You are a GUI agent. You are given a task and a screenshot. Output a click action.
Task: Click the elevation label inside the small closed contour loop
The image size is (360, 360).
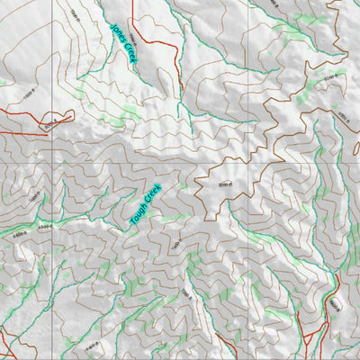click(54, 120)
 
